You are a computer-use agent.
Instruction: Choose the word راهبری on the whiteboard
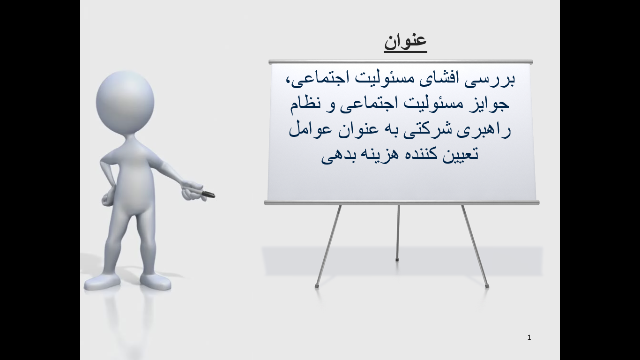click(484, 131)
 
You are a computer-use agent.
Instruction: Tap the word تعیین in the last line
click(461, 154)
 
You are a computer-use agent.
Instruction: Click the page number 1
click(529, 337)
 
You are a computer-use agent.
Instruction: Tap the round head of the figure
click(125, 102)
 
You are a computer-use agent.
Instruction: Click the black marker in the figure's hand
click(208, 194)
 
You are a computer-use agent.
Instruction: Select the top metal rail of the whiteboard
click(401, 62)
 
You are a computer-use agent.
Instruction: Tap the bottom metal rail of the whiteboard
click(402, 202)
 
